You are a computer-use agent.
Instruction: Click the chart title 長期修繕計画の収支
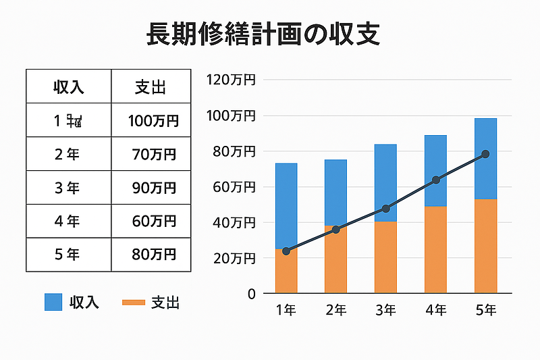click(x=263, y=34)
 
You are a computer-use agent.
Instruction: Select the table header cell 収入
click(x=68, y=86)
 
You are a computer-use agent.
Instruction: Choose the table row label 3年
click(x=68, y=188)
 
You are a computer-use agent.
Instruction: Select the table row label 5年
click(x=68, y=255)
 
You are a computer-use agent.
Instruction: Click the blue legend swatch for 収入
click(x=53, y=302)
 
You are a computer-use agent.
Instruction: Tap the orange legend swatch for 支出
click(x=133, y=302)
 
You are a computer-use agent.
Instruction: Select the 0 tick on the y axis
click(x=251, y=294)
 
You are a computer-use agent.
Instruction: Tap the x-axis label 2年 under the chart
click(x=335, y=311)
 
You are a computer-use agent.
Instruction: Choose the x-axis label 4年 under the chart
click(x=435, y=311)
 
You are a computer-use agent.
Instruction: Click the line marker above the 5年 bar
click(x=485, y=154)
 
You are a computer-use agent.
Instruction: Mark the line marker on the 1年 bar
click(x=286, y=251)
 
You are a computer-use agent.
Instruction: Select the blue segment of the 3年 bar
click(x=385, y=182)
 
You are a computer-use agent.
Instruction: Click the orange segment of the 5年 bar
click(x=485, y=247)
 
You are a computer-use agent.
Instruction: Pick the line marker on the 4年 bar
click(x=435, y=180)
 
